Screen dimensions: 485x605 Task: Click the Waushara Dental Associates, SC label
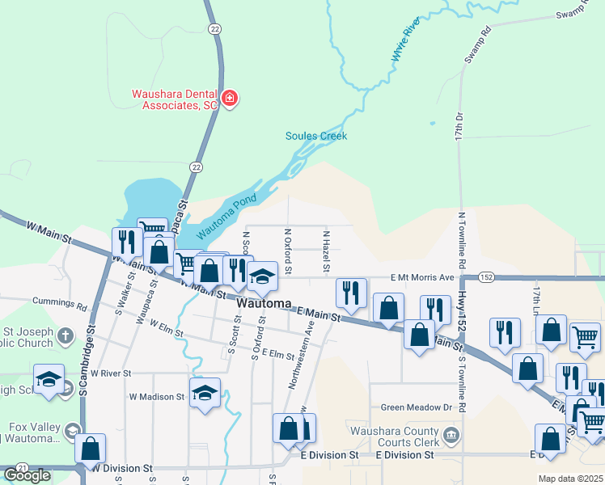[175, 99]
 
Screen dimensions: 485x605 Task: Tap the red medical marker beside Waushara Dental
[230, 99]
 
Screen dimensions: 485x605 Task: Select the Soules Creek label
[316, 136]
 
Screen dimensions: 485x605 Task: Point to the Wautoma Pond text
[226, 216]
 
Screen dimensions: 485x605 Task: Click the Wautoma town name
[264, 303]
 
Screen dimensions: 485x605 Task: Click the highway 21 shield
[22, 468]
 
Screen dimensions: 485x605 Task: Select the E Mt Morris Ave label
[421, 277]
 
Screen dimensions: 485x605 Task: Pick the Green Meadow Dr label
[409, 407]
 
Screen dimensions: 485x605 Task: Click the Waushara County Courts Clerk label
[393, 436]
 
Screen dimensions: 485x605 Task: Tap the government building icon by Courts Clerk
[451, 436]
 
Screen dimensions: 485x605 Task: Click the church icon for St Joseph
[66, 335]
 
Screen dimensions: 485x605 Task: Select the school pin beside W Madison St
[205, 393]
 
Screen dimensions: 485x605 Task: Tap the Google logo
[27, 475]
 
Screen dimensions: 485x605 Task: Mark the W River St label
[111, 373]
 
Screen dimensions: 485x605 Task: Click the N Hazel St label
[327, 251]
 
